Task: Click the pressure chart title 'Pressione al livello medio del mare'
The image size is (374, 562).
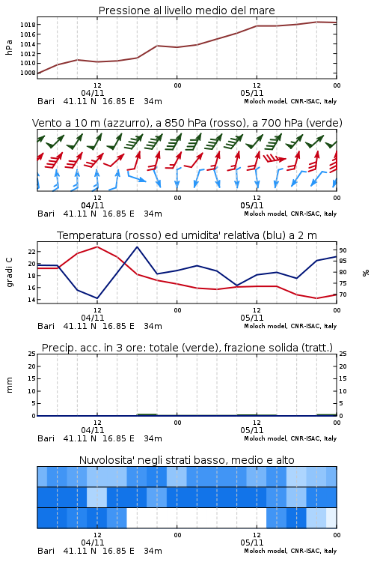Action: point(186,10)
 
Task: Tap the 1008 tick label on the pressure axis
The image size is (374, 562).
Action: point(28,73)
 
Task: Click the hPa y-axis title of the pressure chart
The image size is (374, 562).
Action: point(9,47)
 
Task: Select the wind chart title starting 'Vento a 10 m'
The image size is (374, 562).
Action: point(187,123)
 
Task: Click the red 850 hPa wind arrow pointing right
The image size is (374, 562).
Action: point(275,158)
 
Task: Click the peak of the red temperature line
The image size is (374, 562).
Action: point(97,247)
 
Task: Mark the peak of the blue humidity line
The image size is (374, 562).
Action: point(137,247)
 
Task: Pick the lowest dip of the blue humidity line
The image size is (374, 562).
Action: point(97,298)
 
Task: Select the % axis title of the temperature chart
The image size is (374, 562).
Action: point(366,273)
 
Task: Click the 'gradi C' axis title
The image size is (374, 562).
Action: point(9,273)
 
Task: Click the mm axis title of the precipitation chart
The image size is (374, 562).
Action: point(9,385)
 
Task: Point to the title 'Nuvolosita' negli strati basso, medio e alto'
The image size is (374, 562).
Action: point(186,460)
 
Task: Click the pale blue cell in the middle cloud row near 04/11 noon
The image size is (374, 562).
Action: point(97,497)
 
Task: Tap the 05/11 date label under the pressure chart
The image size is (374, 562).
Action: point(252,93)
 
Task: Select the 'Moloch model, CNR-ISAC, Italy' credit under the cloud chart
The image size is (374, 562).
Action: point(290,551)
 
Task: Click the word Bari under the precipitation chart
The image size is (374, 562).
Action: point(46,438)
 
